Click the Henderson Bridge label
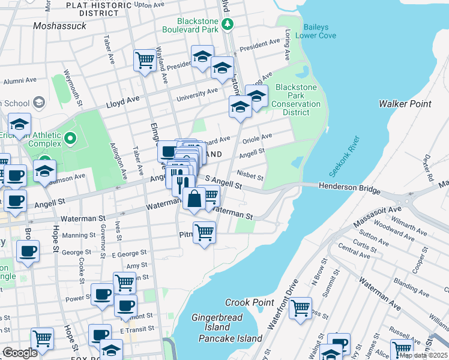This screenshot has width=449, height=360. point(349,190)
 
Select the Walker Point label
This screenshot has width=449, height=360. point(405,104)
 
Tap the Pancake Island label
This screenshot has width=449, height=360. point(231,338)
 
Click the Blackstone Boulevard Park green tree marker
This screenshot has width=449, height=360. point(228,25)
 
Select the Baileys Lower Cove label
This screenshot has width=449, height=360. point(324,31)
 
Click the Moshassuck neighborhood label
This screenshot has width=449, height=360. point(60,26)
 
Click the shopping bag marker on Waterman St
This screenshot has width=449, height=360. point(194,199)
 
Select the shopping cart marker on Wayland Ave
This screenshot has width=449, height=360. point(145,60)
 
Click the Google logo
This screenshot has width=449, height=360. point(20,353)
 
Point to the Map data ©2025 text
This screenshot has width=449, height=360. point(424,355)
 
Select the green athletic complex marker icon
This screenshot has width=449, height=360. point(70,139)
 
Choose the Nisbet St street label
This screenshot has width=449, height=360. point(250,176)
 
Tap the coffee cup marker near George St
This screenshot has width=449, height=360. point(27,252)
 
